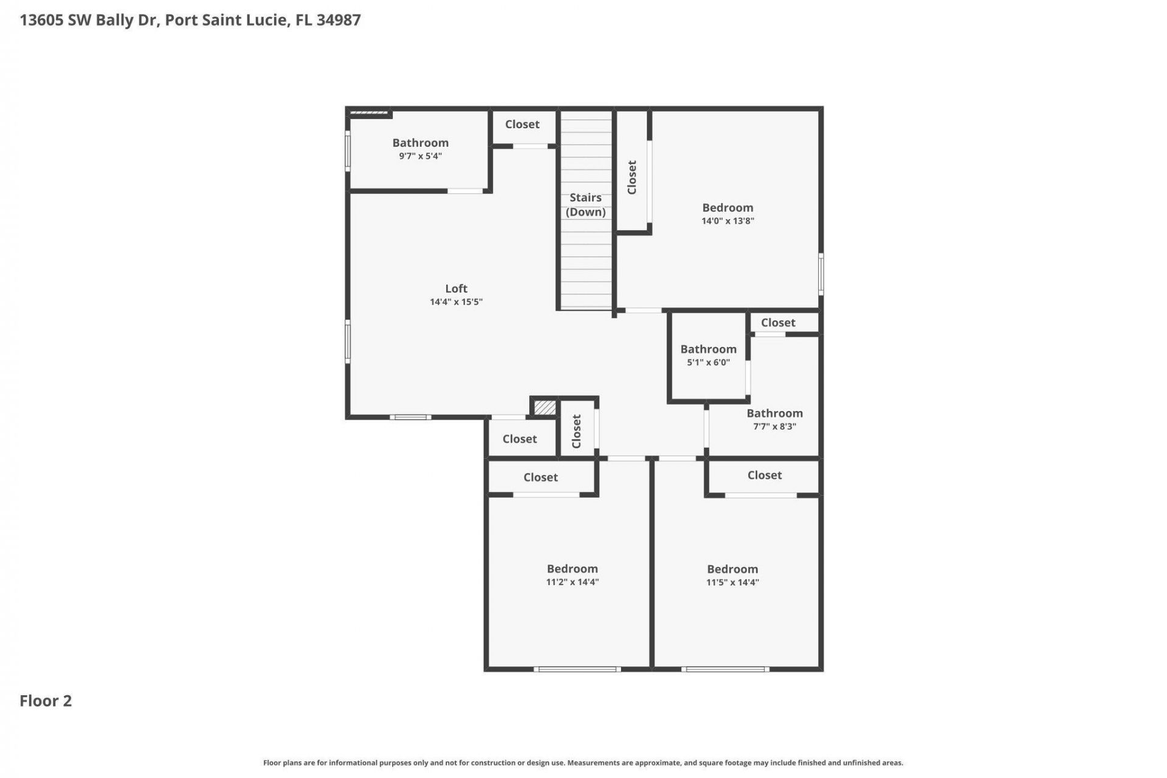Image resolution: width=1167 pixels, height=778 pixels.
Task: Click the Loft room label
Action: click(x=456, y=289)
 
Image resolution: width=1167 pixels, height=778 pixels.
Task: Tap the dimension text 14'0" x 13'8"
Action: click(x=728, y=221)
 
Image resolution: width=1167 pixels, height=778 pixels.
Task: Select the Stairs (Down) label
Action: click(x=585, y=205)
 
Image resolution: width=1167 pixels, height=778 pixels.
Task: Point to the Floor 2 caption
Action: click(x=46, y=701)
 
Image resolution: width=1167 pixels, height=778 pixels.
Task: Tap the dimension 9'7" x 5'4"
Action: click(x=420, y=156)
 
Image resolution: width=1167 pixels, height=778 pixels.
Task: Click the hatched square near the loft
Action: click(x=545, y=407)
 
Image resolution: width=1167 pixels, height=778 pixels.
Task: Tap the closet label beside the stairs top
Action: click(x=522, y=125)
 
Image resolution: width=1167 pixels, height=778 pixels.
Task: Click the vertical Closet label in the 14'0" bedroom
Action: click(x=632, y=177)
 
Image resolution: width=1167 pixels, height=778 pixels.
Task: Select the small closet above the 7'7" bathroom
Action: click(x=777, y=323)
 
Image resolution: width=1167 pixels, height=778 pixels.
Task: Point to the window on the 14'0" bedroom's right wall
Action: click(x=821, y=274)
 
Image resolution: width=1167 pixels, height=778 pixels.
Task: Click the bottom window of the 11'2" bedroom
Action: click(x=577, y=669)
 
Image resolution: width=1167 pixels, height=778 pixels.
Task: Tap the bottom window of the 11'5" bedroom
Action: click(x=725, y=669)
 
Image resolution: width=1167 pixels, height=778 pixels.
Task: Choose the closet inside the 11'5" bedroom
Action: click(x=764, y=475)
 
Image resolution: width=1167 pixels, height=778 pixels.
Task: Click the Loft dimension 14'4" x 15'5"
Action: click(x=456, y=302)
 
